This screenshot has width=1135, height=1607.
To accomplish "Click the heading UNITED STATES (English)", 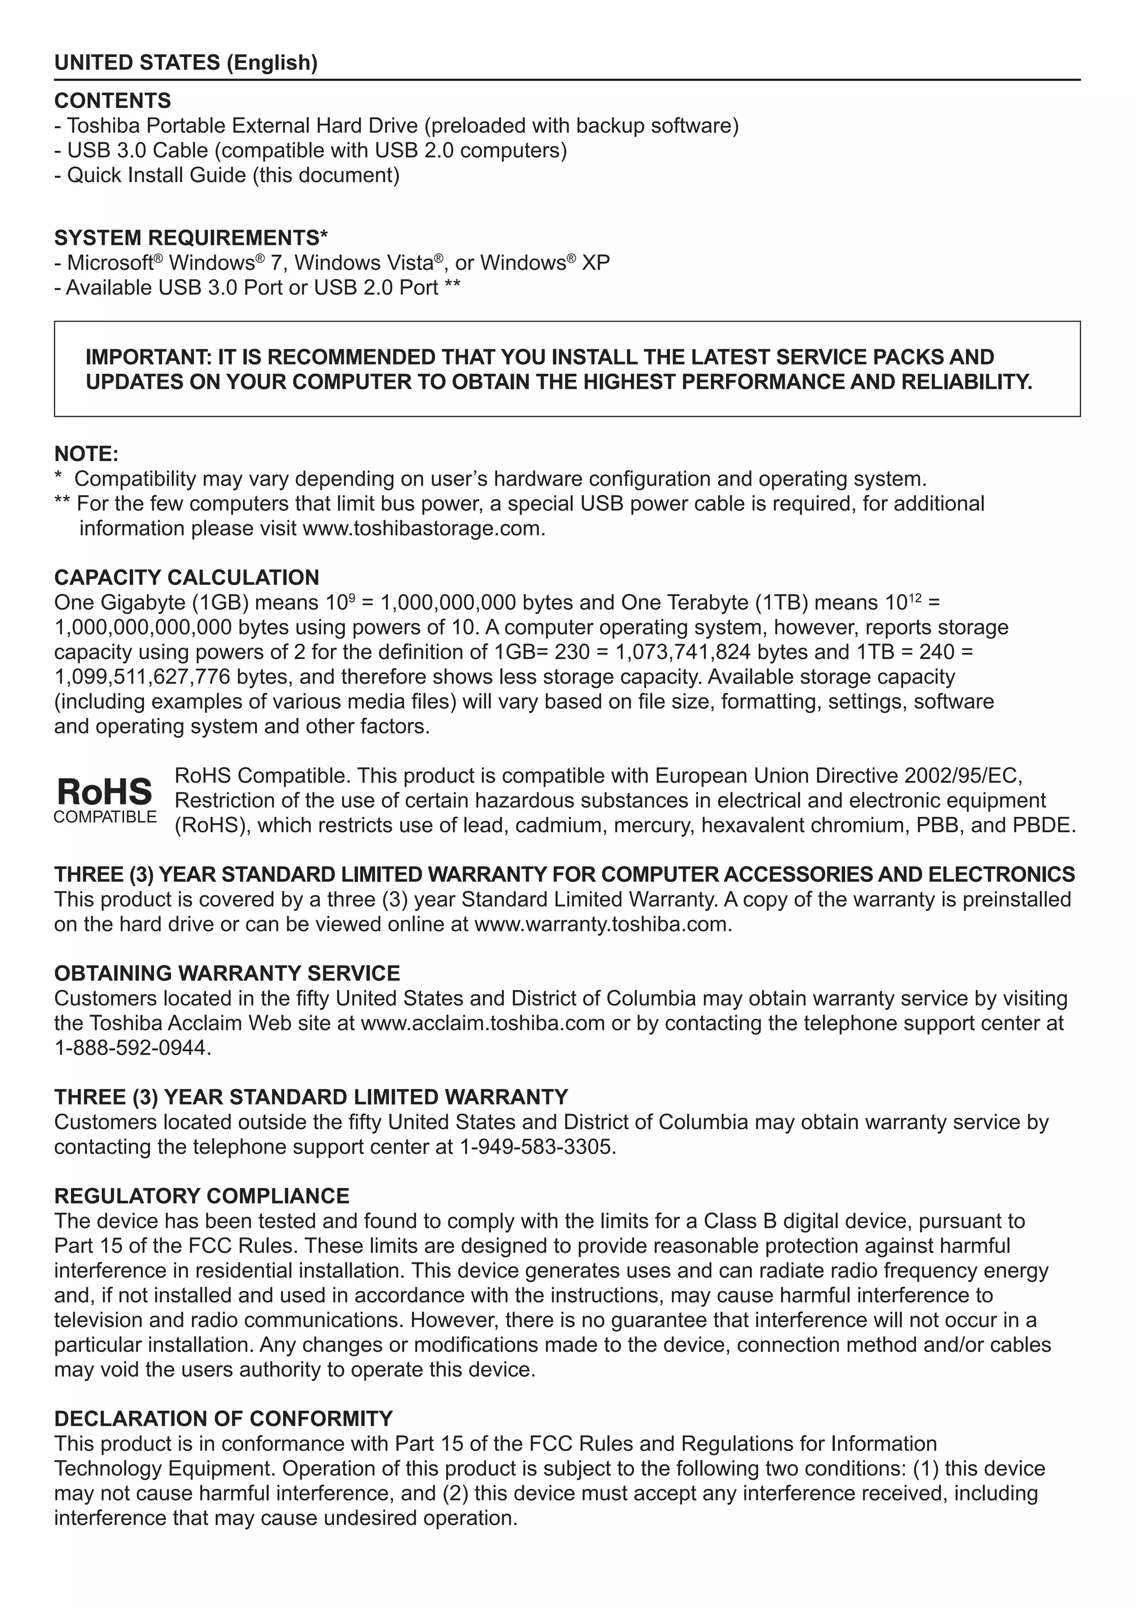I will (186, 63).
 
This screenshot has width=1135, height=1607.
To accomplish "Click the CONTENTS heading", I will (112, 101).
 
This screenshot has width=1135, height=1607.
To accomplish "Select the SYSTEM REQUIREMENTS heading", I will (191, 238).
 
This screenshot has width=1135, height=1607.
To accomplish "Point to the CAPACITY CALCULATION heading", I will (186, 577).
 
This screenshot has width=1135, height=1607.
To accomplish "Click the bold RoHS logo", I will (104, 792).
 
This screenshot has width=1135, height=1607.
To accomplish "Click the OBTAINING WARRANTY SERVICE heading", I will (227, 974).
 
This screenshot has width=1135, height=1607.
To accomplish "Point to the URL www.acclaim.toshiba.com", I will (482, 1023).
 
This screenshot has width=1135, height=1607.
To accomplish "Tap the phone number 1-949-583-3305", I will (536, 1147).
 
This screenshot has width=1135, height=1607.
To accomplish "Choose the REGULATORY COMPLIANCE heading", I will (202, 1196).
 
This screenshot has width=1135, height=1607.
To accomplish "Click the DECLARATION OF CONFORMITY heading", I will (223, 1419).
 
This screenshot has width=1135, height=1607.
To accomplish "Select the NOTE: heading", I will (86, 454).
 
